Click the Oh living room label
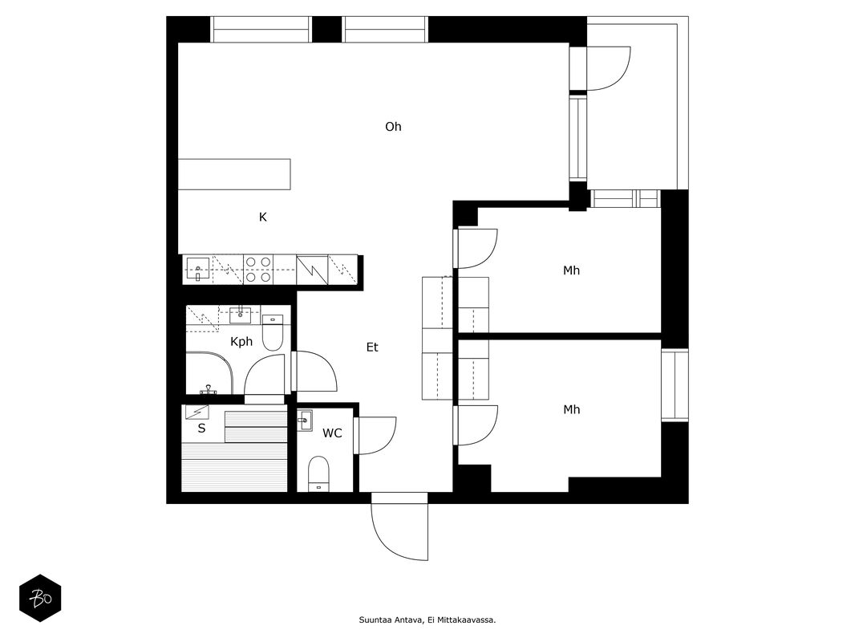coord(393,127)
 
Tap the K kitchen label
coord(263,217)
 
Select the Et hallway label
coord(372,347)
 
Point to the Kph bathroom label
coord(241,342)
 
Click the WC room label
coord(332,433)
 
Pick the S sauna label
coord(201,429)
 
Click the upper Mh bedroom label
coord(571,270)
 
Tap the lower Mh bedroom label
coord(571,410)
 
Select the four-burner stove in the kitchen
coord(257,269)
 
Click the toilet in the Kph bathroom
coord(273,332)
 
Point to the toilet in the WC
coord(319,473)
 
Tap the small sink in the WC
coord(305,421)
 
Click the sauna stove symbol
coord(197,412)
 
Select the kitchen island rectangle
coord(234,174)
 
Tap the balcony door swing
coord(609,68)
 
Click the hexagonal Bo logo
coord(40,598)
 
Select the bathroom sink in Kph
coord(241,314)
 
